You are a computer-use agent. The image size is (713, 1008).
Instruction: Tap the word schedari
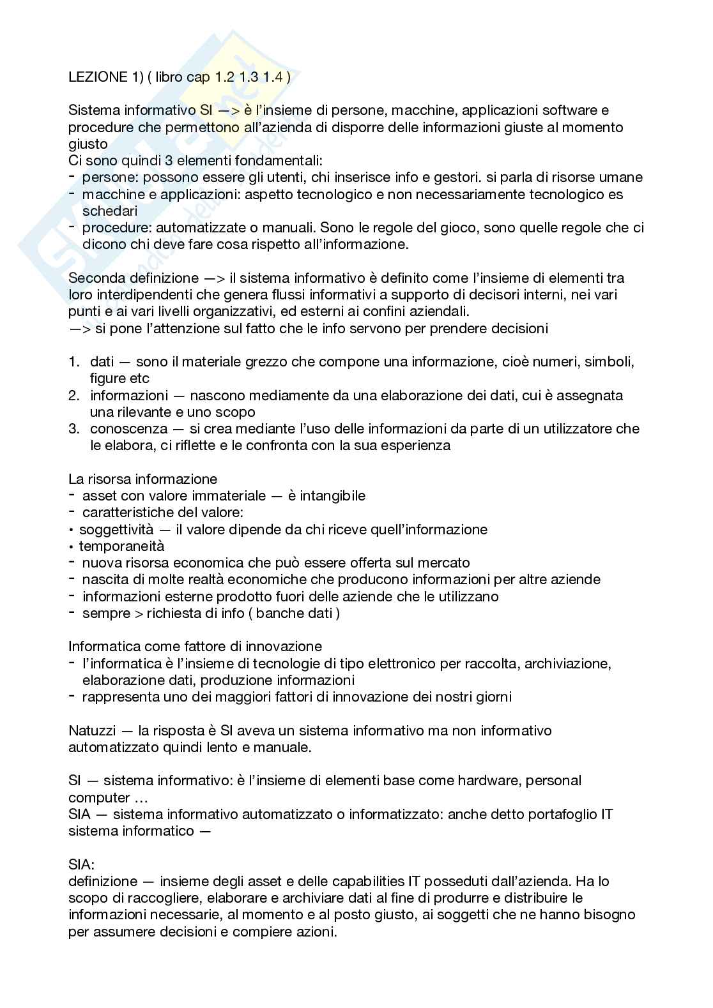point(110,211)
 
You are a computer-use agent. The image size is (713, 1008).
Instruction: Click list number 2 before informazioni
point(73,395)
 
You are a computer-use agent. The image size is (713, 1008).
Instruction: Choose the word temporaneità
point(121,546)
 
